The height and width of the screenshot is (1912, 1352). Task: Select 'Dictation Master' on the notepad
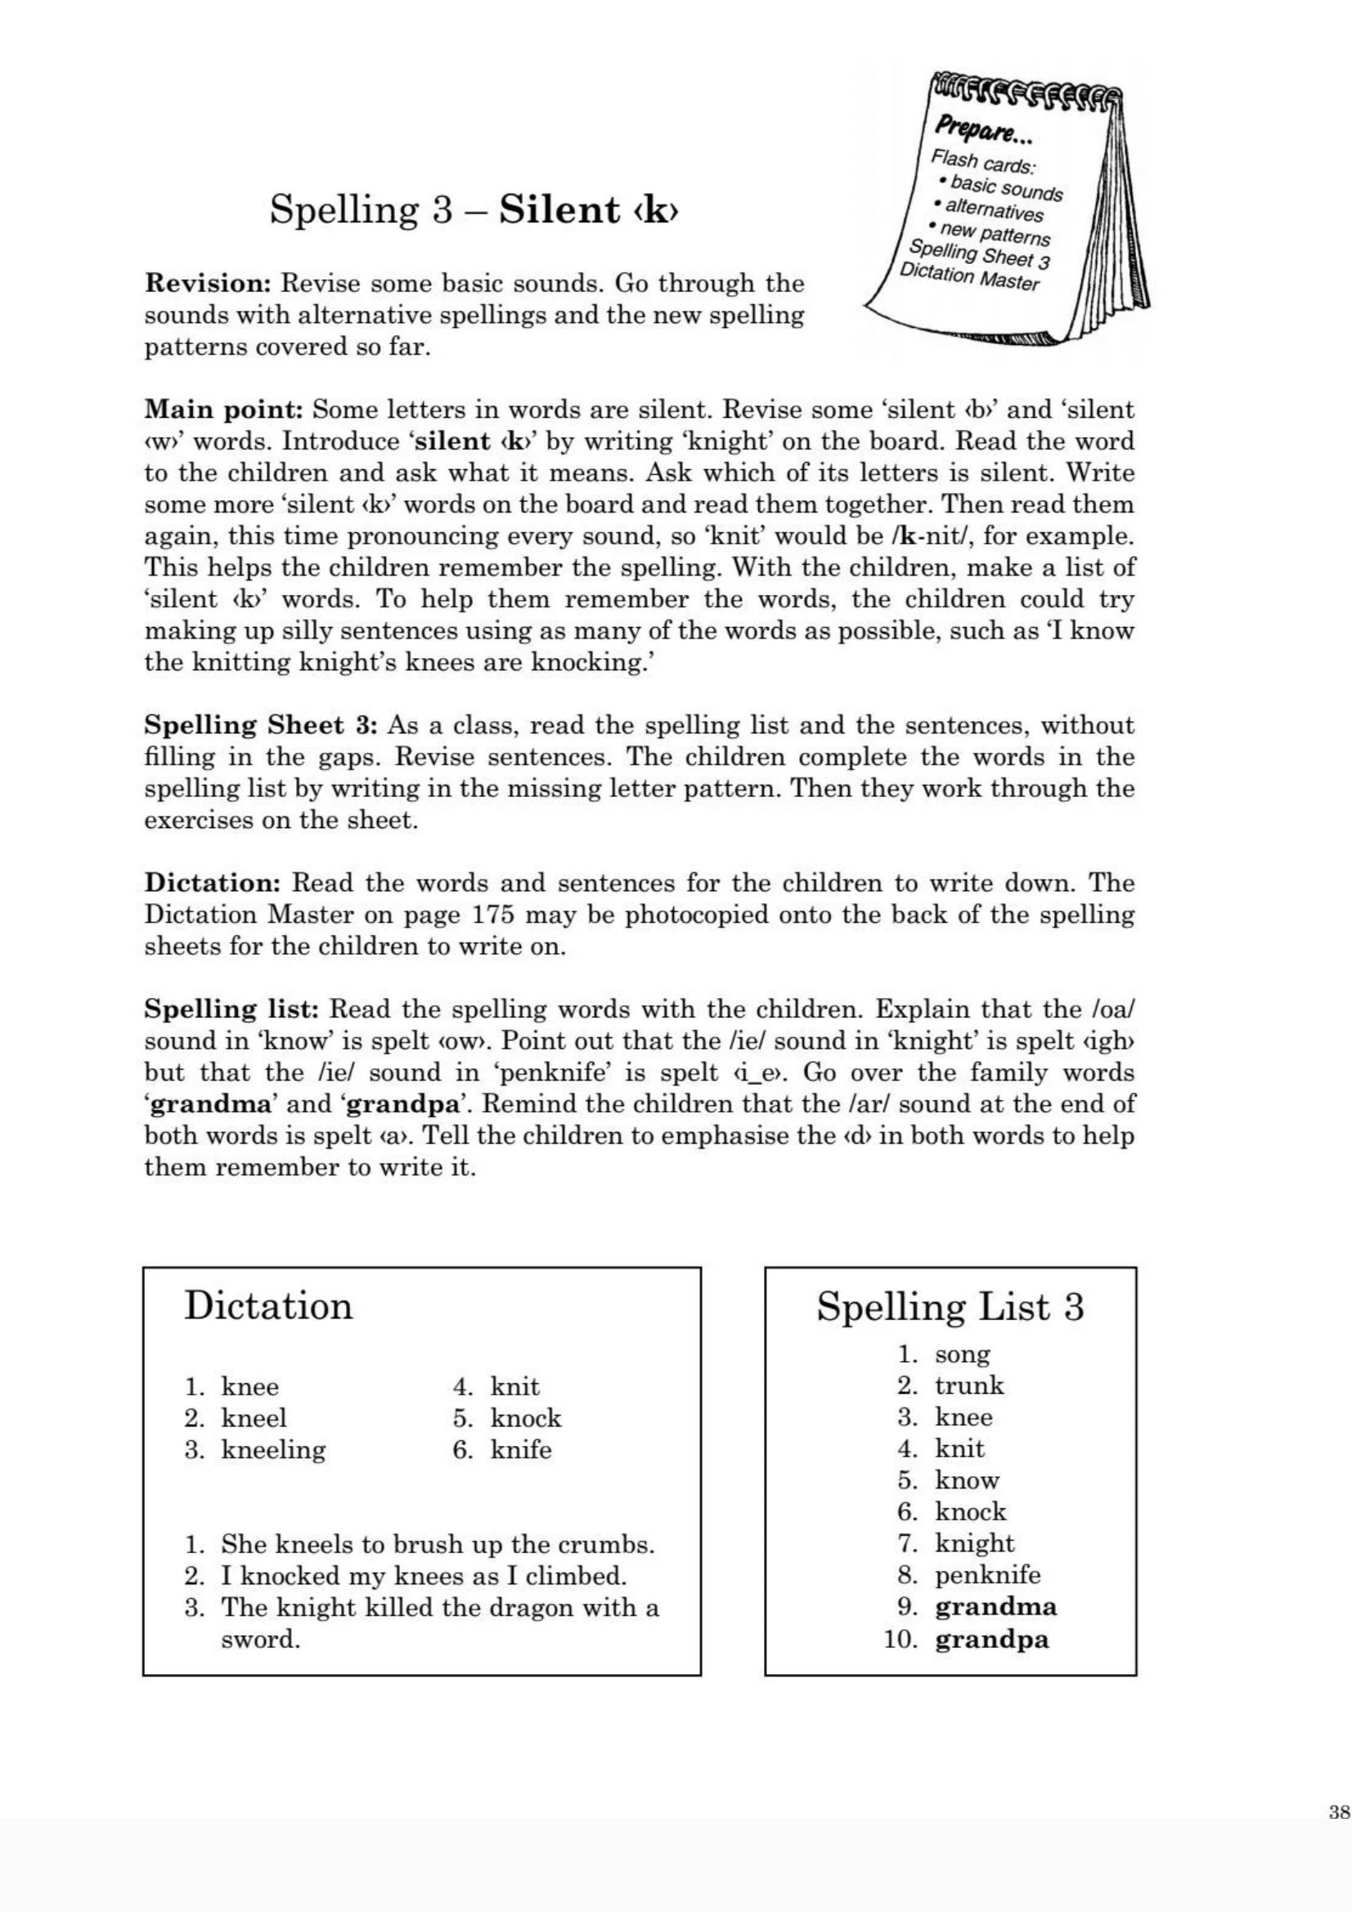tap(970, 276)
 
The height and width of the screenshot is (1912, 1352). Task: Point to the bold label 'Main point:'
tap(224, 410)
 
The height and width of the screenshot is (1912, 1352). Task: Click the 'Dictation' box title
tap(268, 1305)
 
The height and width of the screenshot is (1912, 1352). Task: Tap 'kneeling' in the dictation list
tap(273, 1449)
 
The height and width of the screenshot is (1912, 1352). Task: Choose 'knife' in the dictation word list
tap(521, 1449)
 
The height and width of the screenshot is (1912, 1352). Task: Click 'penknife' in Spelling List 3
tap(987, 1574)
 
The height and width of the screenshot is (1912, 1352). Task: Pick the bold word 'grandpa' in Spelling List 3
tap(991, 1639)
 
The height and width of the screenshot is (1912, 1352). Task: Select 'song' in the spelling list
tap(962, 1354)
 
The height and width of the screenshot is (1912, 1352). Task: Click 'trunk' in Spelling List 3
tap(968, 1386)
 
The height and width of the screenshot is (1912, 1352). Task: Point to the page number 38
tap(1340, 1812)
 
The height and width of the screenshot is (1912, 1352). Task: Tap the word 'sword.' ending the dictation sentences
tap(260, 1640)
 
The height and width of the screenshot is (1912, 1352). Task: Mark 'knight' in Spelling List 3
tap(974, 1543)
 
